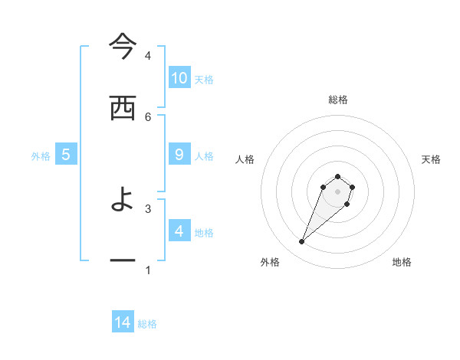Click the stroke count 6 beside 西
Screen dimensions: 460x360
tap(148, 116)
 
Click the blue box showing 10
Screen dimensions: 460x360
tap(179, 78)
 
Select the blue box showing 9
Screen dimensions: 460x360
tap(179, 155)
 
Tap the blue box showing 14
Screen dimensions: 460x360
tap(123, 323)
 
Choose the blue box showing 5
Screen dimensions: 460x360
tap(66, 155)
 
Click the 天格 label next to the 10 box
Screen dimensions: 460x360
tap(204, 79)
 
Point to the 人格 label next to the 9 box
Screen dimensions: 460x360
tap(204, 155)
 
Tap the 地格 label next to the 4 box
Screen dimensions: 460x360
tap(204, 232)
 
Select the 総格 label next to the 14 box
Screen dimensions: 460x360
tap(147, 324)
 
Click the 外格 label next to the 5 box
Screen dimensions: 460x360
tap(41, 155)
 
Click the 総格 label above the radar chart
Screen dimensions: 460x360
tap(338, 100)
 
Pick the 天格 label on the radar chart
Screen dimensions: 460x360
tap(431, 159)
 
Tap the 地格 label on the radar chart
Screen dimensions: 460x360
tap(402, 262)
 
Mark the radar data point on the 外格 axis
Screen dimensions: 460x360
tap(302, 242)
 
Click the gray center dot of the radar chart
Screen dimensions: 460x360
tap(338, 191)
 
